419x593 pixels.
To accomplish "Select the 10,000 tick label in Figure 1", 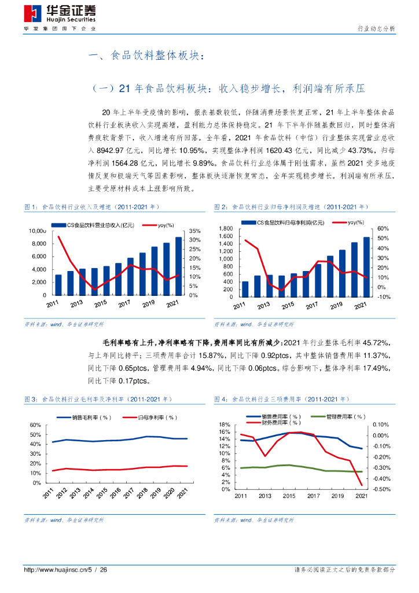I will click(38, 231).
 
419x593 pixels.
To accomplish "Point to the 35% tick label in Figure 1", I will click(194, 231).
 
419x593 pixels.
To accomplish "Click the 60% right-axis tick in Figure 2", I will click(383, 229).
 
